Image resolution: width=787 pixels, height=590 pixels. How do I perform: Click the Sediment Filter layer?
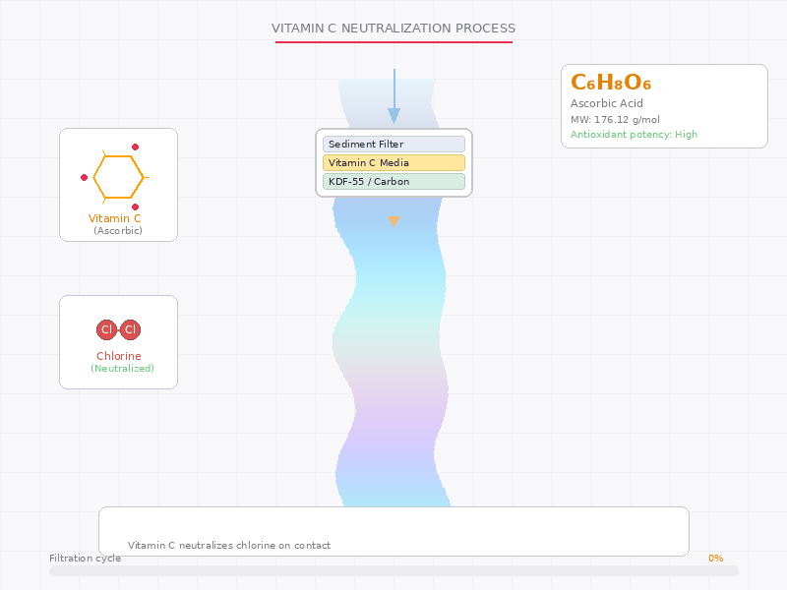[393, 144]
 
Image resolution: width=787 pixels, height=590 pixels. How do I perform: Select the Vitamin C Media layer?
[393, 162]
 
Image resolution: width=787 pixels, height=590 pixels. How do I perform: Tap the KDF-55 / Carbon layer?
[393, 181]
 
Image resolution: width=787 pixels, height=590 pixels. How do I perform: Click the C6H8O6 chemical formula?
[611, 83]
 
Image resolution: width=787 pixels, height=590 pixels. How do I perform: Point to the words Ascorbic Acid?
[606, 103]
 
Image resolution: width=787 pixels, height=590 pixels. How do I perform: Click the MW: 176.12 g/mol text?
[615, 119]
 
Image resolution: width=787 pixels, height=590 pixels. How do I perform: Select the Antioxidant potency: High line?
[634, 134]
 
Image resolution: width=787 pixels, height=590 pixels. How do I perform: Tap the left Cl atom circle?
[106, 329]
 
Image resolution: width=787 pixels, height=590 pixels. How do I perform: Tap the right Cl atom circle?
[131, 329]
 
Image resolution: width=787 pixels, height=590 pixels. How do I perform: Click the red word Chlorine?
[119, 356]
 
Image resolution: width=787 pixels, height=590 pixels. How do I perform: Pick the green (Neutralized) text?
[122, 368]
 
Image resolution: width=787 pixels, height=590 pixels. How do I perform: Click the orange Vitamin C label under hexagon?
[114, 218]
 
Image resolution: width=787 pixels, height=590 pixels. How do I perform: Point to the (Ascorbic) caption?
[118, 230]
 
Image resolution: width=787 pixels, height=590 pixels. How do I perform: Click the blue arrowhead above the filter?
[394, 116]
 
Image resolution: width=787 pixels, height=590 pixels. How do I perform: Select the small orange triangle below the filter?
[394, 221]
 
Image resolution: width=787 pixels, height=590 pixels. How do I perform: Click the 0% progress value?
[716, 558]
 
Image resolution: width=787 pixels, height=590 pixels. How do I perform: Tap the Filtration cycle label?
[85, 558]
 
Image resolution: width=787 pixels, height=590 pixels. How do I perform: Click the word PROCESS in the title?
[485, 29]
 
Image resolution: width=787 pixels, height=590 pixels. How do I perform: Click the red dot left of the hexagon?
[84, 177]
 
